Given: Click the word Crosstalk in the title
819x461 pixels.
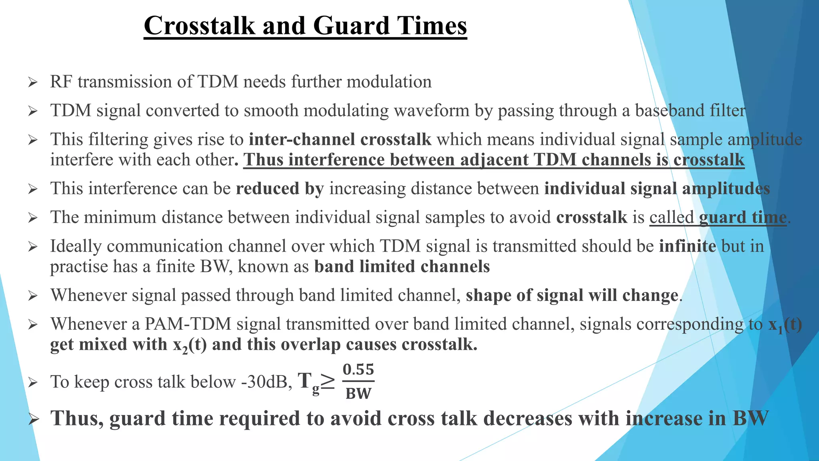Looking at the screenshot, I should tap(199, 26).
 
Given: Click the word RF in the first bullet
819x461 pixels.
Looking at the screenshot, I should tap(61, 82).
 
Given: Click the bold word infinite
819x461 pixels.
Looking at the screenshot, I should tap(687, 246).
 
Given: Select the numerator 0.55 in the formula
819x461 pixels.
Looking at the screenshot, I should tap(358, 369).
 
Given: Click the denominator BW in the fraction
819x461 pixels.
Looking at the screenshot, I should tap(358, 393).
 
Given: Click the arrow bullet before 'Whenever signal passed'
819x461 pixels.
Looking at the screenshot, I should tap(33, 296).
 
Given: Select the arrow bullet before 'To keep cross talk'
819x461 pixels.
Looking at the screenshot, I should tap(33, 383).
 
